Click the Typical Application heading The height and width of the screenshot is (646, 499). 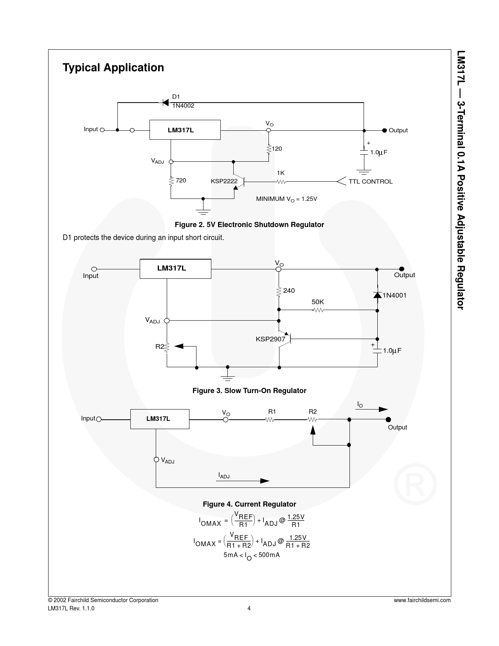(113, 68)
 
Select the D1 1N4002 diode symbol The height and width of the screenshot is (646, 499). (166, 103)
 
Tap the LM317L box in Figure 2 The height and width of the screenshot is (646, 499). (185, 130)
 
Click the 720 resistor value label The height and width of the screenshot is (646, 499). (181, 180)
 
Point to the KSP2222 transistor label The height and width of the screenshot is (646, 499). (224, 181)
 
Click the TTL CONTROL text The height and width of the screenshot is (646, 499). (370, 181)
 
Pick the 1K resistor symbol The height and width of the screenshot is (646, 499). (281, 182)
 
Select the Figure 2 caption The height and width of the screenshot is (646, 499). (249, 224)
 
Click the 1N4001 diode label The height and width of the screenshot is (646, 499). (395, 295)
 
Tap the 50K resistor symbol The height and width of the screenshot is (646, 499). (318, 310)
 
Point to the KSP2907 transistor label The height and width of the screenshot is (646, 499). (270, 339)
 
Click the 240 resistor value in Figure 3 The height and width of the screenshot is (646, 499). (289, 291)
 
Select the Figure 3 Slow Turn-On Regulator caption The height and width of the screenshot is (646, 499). (249, 390)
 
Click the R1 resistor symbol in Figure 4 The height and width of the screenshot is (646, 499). (270, 420)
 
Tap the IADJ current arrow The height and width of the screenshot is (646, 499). (243, 481)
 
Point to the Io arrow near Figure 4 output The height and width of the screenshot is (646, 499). (372, 410)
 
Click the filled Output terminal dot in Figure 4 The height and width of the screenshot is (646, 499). (388, 419)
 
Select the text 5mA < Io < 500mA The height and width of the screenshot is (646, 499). (252, 555)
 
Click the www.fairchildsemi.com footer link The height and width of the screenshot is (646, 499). (422, 600)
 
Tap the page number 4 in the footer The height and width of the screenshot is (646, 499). (249, 608)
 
